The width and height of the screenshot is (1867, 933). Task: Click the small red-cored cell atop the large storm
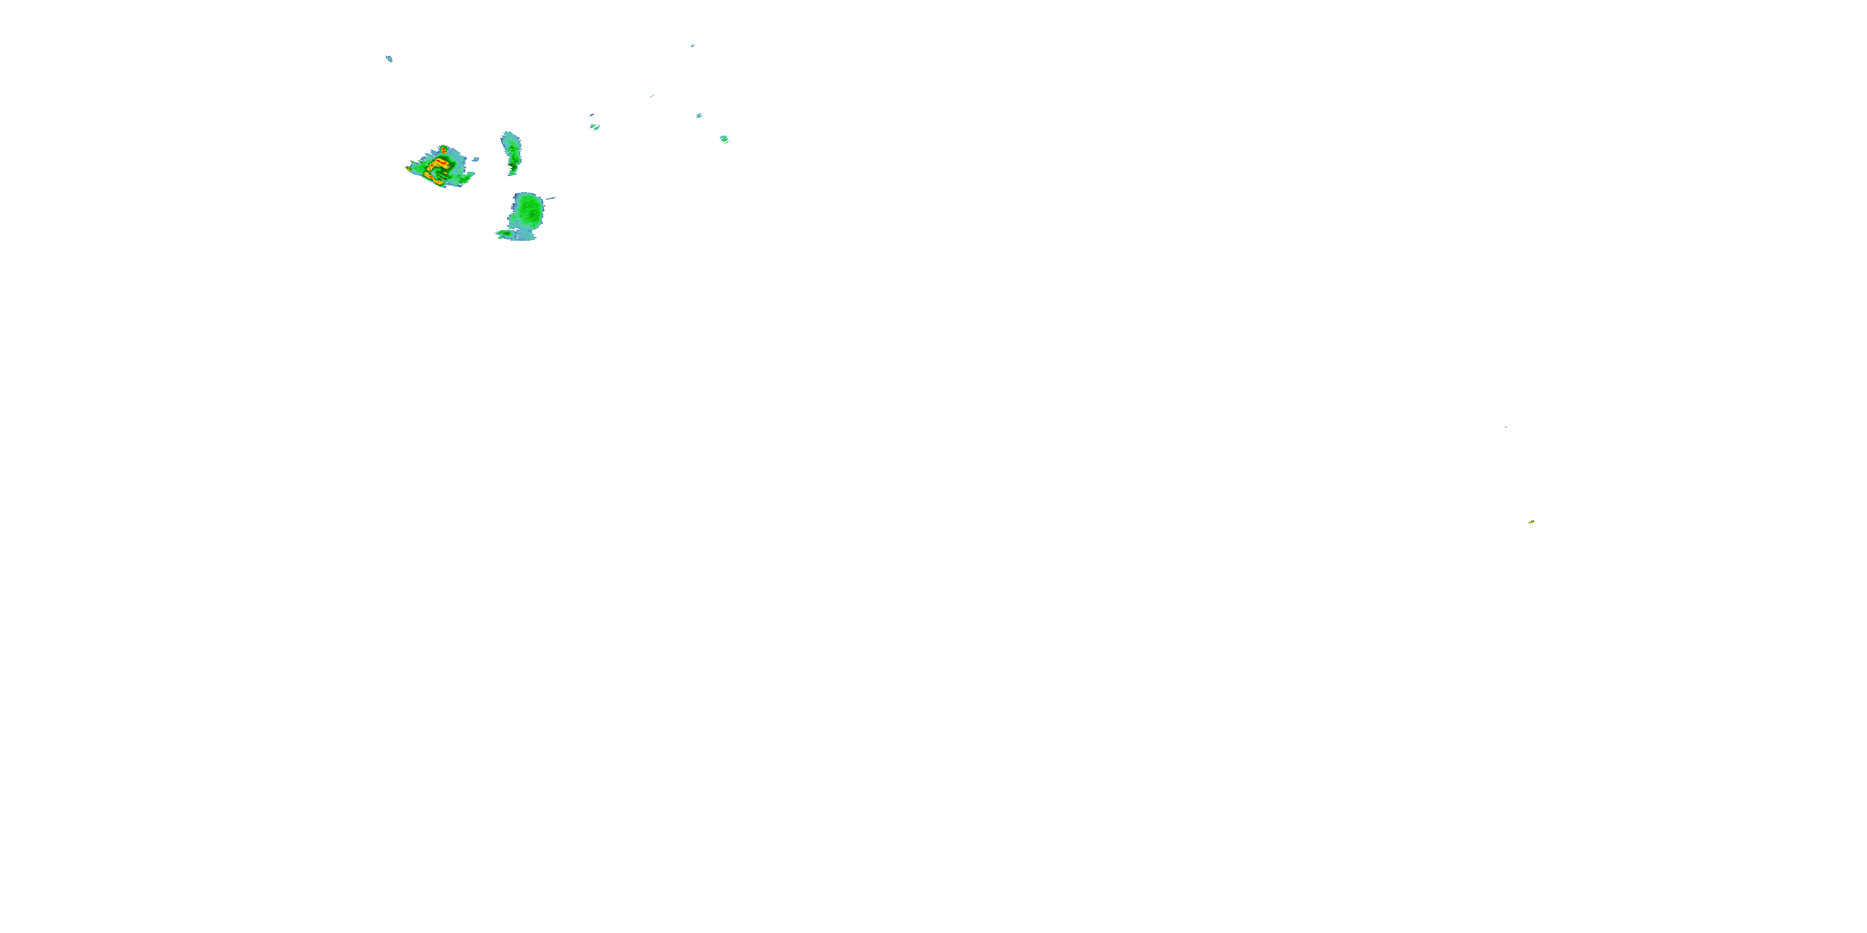click(x=443, y=149)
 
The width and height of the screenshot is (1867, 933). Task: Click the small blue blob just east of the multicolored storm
click(x=475, y=159)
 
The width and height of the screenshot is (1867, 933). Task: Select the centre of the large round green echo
click(x=528, y=210)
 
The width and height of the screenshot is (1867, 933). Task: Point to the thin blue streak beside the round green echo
click(x=550, y=198)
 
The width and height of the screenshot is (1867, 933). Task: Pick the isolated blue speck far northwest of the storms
click(x=389, y=58)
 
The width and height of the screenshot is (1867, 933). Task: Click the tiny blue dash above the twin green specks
click(x=592, y=114)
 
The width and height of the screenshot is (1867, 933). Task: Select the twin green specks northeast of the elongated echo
click(x=595, y=127)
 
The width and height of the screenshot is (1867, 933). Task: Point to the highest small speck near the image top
click(x=692, y=45)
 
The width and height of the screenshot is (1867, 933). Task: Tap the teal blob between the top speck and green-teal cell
click(x=699, y=115)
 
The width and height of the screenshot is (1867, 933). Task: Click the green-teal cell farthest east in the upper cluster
click(x=724, y=139)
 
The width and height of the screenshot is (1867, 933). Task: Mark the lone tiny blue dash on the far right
click(x=1505, y=427)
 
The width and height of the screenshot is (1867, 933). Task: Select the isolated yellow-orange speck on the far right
click(x=1531, y=522)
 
